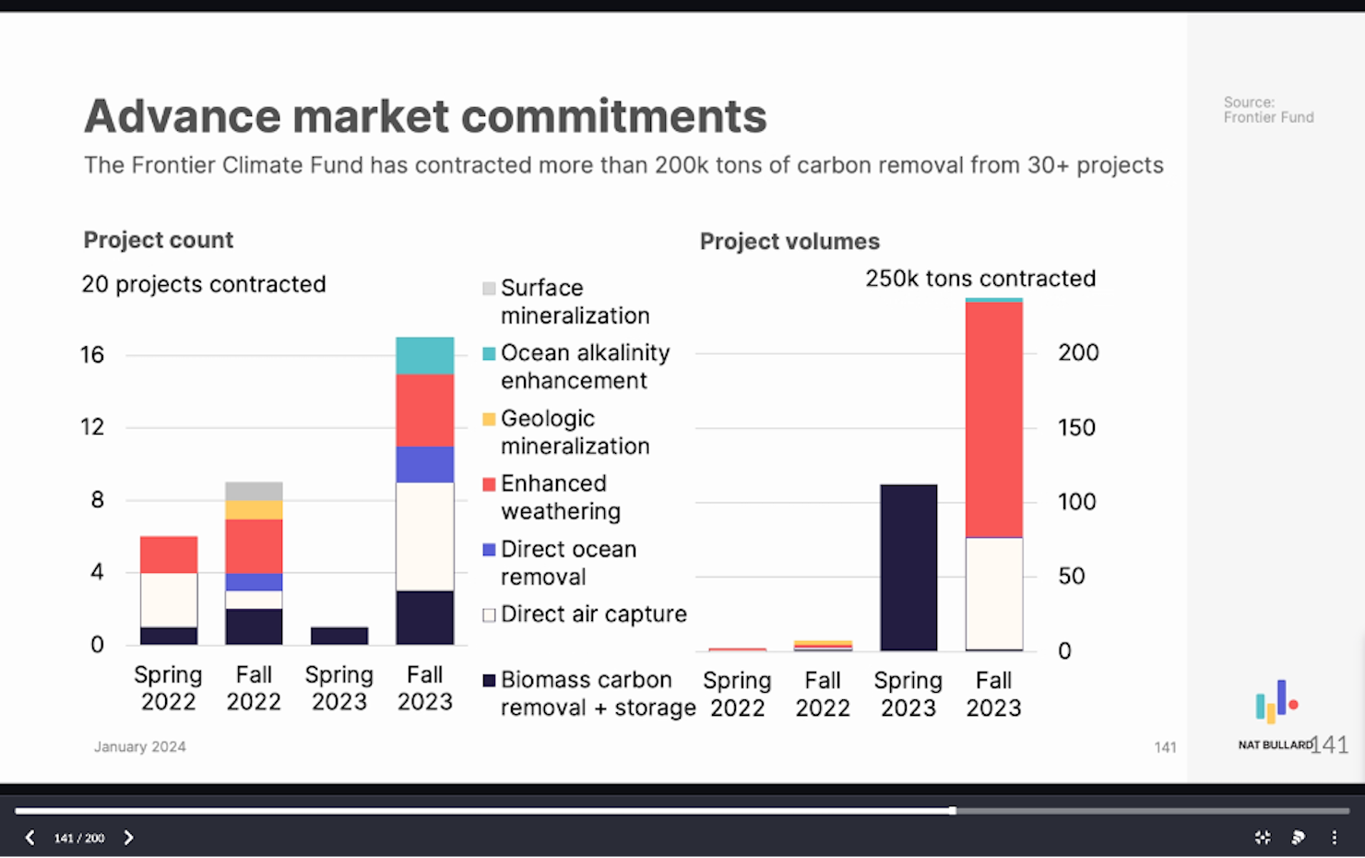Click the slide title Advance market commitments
pos(425,116)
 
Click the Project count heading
pos(158,240)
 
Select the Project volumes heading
pos(789,242)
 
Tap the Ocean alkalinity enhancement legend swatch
pos(489,354)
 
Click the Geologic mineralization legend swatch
pos(489,420)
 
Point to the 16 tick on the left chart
pos(92,355)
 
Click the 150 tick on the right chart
pos(1076,428)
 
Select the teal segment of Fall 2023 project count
pos(424,355)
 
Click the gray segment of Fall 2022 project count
pos(254,491)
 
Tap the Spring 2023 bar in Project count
pos(339,636)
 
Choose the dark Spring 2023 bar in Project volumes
pos(908,567)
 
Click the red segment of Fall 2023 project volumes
pos(993,420)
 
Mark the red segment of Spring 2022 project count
pos(169,554)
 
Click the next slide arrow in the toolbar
pos(128,838)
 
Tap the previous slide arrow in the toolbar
pos(30,838)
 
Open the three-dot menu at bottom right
pos(1334,838)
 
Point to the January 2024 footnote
pos(139,747)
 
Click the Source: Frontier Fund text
pos(1268,110)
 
